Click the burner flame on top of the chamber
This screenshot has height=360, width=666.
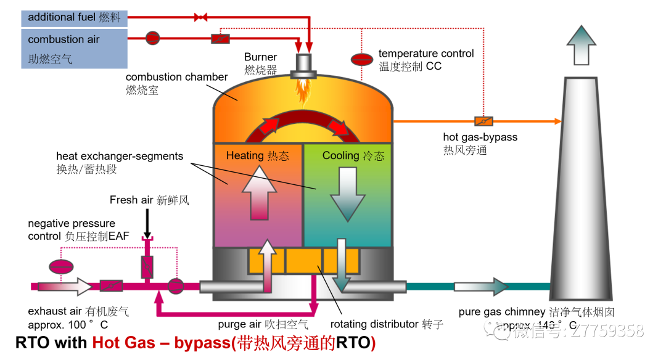[x=303, y=90]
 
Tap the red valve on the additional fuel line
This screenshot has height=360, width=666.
[x=200, y=17]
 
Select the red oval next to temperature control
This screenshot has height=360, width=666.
[x=362, y=59]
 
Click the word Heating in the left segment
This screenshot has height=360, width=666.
[x=245, y=155]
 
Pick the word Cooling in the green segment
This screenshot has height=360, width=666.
[x=340, y=155]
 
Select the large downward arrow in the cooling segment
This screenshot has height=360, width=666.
[x=348, y=194]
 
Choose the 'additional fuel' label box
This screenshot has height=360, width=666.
[x=74, y=17]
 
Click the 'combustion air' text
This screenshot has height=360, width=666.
[x=64, y=39]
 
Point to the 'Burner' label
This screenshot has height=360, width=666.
[x=260, y=57]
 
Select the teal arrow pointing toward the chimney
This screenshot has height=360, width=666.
[x=481, y=286]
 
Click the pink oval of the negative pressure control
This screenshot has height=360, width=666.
[x=61, y=267]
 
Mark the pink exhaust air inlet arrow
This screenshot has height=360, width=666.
[x=64, y=286]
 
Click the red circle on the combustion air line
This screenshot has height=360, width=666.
[x=153, y=38]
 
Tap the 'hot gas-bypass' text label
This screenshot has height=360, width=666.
[x=480, y=137]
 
